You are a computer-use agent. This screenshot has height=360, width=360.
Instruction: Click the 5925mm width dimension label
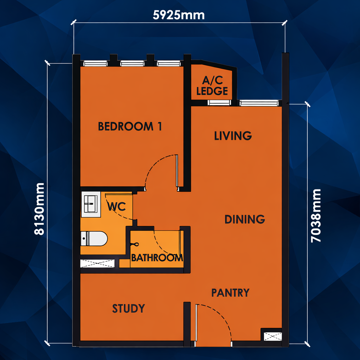(x=179, y=15)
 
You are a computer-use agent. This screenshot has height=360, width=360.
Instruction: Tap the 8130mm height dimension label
(x=39, y=209)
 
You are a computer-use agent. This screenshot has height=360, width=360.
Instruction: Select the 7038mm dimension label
(x=316, y=216)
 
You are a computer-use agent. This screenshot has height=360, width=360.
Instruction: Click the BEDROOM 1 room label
(x=130, y=126)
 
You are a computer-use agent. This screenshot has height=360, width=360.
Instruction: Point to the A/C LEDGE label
(x=212, y=86)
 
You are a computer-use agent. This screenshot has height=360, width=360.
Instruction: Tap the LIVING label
(x=233, y=136)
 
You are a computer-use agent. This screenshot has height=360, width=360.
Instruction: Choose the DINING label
(x=245, y=219)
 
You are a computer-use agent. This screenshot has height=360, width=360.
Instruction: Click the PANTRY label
(x=230, y=293)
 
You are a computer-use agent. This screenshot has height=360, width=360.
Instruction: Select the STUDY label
(x=129, y=308)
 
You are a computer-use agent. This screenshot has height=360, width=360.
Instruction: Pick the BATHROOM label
(x=157, y=258)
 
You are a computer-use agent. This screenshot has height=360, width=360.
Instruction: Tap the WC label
(x=117, y=207)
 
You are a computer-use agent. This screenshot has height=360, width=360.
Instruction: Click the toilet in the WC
(x=94, y=239)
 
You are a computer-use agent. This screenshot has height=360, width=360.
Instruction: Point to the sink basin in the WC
(x=91, y=204)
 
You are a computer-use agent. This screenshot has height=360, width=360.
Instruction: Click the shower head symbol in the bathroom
(x=135, y=244)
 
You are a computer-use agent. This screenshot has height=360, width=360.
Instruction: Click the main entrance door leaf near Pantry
(x=196, y=323)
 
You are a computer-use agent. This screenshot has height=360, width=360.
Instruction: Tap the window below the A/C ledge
(x=219, y=103)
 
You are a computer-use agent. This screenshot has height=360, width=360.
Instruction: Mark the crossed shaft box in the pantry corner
(x=273, y=336)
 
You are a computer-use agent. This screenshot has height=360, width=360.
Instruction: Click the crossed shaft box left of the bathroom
(x=97, y=263)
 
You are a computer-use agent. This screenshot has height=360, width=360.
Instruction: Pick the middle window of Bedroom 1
(x=132, y=63)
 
